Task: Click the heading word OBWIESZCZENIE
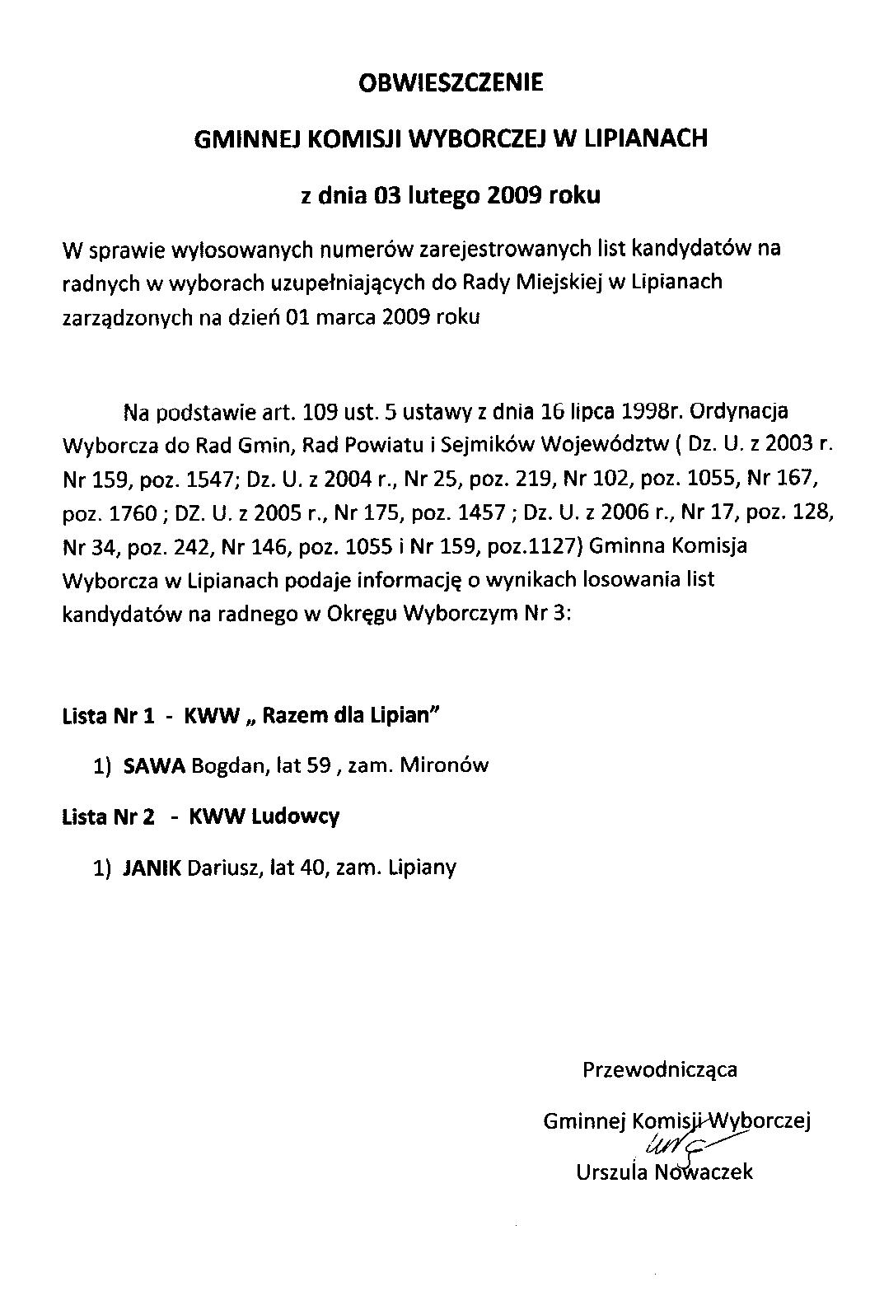(x=451, y=83)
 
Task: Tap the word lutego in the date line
(x=442, y=196)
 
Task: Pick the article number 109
(x=320, y=409)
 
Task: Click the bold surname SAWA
(x=154, y=765)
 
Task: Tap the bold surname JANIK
(x=152, y=867)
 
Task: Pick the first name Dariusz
(x=224, y=867)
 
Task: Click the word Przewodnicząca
(x=660, y=1069)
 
